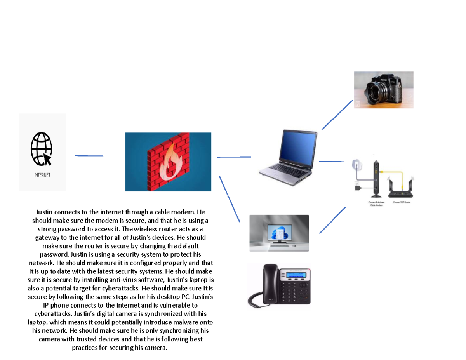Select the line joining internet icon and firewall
89,155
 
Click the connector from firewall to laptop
234,157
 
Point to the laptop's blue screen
297,146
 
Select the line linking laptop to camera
337,115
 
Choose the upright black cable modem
376,179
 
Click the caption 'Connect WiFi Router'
403,202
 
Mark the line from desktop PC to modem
332,220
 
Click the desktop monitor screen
279,233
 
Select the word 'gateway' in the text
49,237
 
